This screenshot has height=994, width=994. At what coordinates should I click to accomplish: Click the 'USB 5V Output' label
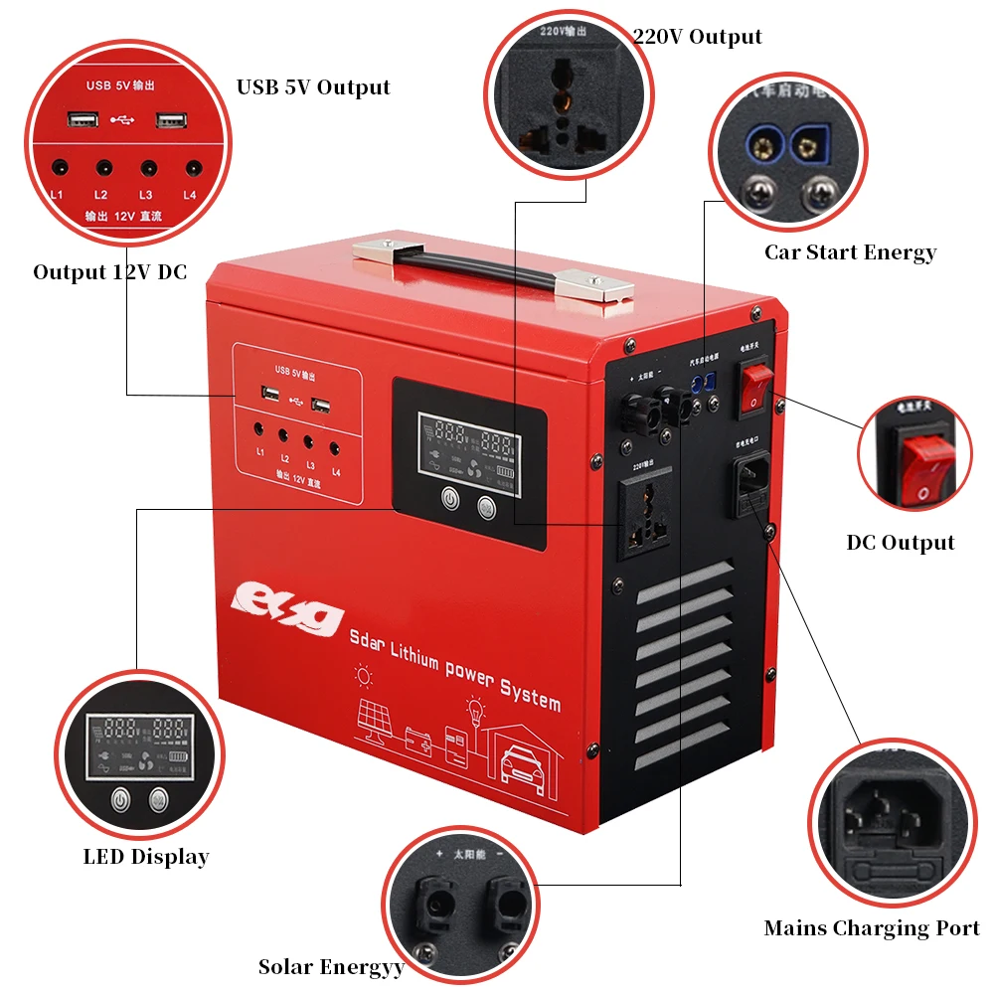(x=313, y=87)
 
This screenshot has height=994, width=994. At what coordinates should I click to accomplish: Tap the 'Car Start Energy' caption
(x=850, y=252)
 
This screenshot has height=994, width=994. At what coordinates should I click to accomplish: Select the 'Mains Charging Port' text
(x=872, y=928)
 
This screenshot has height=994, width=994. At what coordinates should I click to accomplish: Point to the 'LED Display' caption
(x=146, y=857)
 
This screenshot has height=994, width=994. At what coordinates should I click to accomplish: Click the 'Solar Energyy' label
(x=331, y=966)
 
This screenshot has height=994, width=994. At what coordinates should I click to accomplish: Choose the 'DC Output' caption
(x=900, y=543)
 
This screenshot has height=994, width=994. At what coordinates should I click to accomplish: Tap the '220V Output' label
(x=697, y=37)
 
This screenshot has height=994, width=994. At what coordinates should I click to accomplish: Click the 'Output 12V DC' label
(x=109, y=272)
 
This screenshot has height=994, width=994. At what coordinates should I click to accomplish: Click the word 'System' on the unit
(x=528, y=694)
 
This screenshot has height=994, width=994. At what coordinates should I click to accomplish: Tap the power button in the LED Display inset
(x=121, y=798)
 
